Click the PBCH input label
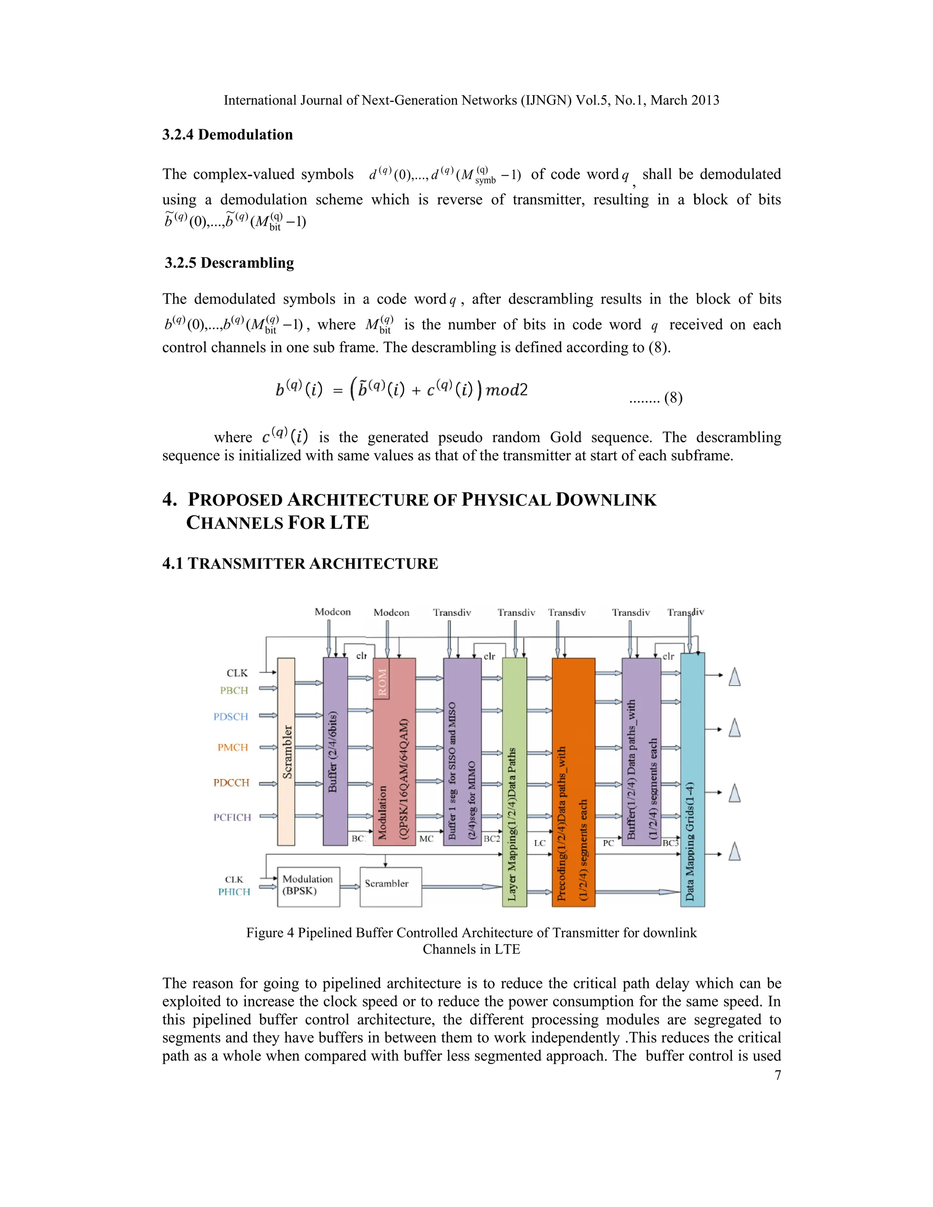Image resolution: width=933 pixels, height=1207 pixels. click(x=234, y=690)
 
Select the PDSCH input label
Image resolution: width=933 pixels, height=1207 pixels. click(x=231, y=717)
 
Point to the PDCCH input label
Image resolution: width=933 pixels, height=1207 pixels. click(x=231, y=783)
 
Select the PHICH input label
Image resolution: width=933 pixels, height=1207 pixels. click(x=234, y=892)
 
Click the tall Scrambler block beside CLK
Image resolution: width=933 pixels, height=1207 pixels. click(x=286, y=752)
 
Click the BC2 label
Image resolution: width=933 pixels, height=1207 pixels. click(x=492, y=839)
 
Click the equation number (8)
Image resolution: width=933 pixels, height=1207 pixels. click(x=673, y=398)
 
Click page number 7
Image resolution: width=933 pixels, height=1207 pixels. click(x=778, y=1075)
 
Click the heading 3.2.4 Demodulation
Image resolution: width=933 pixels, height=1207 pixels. click(x=227, y=135)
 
